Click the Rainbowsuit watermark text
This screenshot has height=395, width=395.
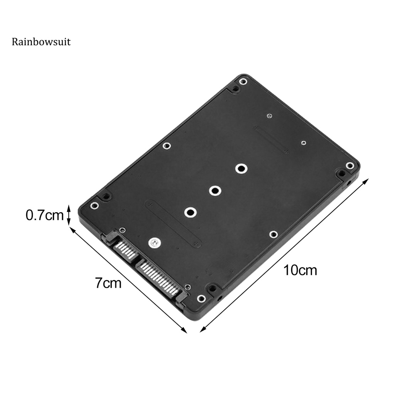coord(41,42)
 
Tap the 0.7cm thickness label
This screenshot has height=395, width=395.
coord(44,215)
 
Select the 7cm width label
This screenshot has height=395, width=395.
coord(108,283)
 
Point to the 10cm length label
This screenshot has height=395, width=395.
coord(300,270)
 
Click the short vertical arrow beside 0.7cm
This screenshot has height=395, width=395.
coord(69,215)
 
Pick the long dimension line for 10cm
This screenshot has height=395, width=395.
coord(285,255)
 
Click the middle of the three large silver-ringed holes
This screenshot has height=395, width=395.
coord(215,190)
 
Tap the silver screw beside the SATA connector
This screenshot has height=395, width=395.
coord(154,243)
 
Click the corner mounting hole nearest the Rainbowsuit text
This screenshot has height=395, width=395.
coord(243,81)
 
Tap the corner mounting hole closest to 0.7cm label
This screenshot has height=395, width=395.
coord(94,206)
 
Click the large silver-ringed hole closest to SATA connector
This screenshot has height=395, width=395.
coord(190,212)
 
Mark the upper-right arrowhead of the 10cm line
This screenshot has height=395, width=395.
coord(367,180)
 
